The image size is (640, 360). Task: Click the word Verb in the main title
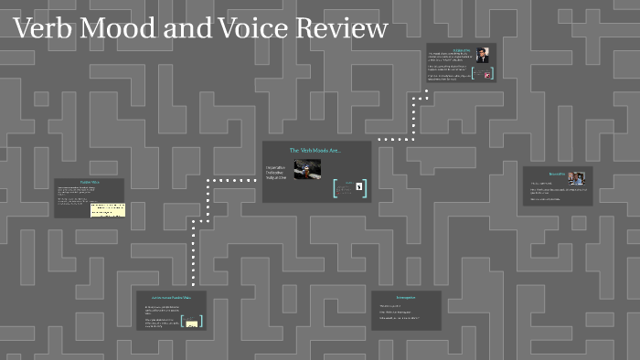[43, 29]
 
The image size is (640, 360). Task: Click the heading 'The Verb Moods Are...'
[315, 150]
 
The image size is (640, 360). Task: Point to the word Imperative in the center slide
[276, 167]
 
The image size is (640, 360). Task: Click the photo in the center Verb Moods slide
[307, 169]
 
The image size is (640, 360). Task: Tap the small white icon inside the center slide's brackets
[359, 188]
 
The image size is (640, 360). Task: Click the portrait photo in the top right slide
[482, 55]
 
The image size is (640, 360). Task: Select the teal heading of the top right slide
[461, 48]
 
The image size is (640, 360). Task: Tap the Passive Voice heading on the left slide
[90, 183]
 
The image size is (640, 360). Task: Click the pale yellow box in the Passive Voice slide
[108, 209]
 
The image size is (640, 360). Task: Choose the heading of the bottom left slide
[171, 297]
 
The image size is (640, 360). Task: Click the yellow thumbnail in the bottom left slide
[194, 322]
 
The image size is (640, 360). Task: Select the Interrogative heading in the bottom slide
[406, 298]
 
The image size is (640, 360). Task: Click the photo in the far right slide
[575, 179]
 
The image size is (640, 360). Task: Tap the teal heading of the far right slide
[557, 173]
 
